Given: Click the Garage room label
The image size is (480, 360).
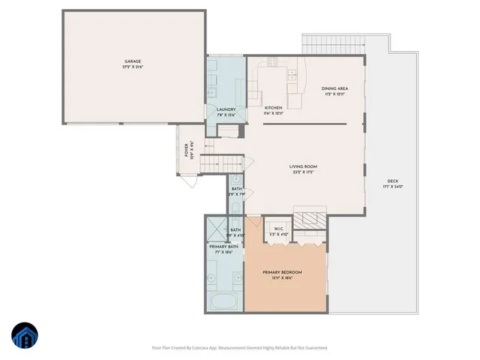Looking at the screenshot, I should coord(133,61).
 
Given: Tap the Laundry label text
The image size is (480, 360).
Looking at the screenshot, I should coord(226,109).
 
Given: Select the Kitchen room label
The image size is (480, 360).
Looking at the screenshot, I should coord(273,108).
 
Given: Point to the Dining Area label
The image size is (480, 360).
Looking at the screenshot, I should coord(335,88).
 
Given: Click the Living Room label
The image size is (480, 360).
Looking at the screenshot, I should coord(304,166).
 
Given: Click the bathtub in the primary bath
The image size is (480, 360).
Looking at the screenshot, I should coord(223,303).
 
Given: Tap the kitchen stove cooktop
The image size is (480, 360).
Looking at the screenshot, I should coord(273,63).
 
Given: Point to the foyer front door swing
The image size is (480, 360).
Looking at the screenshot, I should coord(192,181).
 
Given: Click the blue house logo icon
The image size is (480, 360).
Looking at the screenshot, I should coord(25,336).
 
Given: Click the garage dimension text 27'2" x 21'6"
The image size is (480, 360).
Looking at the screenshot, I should coord(133,67).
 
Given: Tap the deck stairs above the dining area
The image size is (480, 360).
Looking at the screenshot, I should coord(334,43).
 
